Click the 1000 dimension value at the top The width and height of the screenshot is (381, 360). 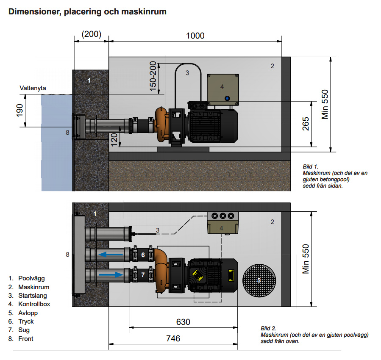(x=195, y=36)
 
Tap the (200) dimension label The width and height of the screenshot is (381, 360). (x=91, y=34)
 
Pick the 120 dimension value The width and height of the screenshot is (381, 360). (x=114, y=138)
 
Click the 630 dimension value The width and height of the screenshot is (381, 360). (x=183, y=322)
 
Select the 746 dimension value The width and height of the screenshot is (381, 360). (x=173, y=338)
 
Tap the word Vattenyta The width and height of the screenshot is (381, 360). (x=33, y=88)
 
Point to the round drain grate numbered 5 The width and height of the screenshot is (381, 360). (x=259, y=280)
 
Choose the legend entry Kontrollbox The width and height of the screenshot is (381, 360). (x=34, y=304)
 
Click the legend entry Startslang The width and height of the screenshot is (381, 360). (x=33, y=296)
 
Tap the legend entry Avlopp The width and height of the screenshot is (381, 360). (x=28, y=313)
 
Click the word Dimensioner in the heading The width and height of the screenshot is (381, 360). (x=33, y=12)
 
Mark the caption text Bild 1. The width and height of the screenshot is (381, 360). (x=310, y=167)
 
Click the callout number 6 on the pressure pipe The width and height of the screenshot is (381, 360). (x=143, y=255)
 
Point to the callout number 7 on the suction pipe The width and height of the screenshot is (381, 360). (x=143, y=275)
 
